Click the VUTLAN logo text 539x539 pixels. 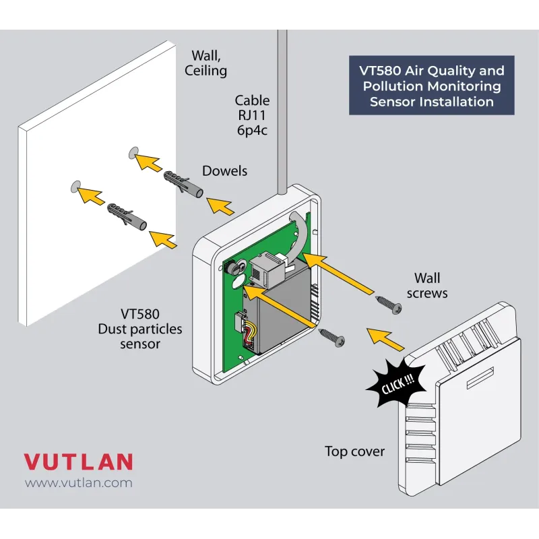point(78,462)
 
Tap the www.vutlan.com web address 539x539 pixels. point(78,483)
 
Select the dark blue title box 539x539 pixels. point(431,85)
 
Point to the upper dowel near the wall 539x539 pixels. point(182,182)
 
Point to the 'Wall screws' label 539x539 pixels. point(427,286)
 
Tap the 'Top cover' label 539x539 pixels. point(354,451)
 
